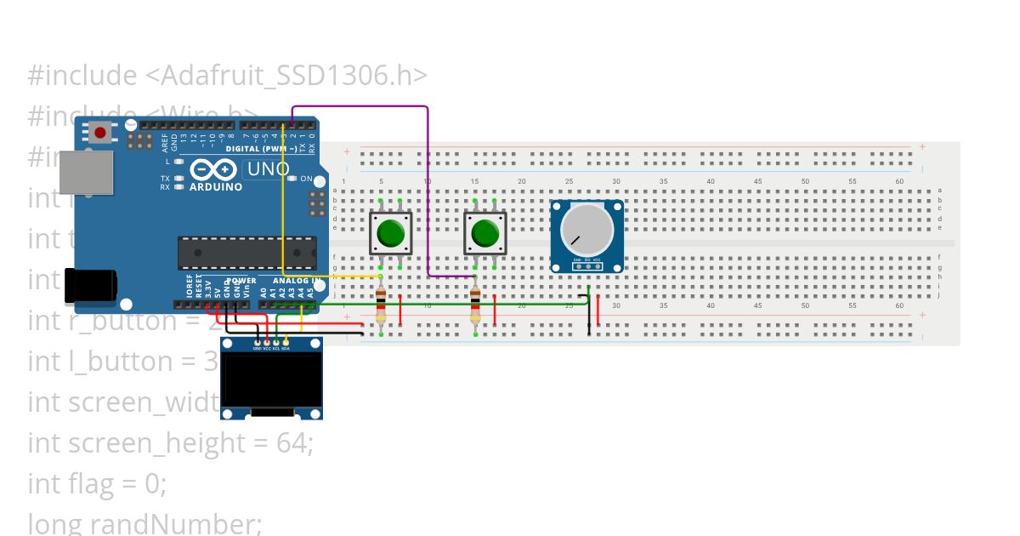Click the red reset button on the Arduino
point(100,133)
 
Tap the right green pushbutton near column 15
point(484,232)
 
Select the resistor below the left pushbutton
point(380,307)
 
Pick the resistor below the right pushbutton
point(474,307)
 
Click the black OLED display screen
point(271,379)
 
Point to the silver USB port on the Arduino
point(86,172)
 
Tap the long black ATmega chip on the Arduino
point(246,253)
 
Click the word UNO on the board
point(267,169)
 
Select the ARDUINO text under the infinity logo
point(216,186)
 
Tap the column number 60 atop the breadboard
point(899,181)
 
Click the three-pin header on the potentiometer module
point(586,266)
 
